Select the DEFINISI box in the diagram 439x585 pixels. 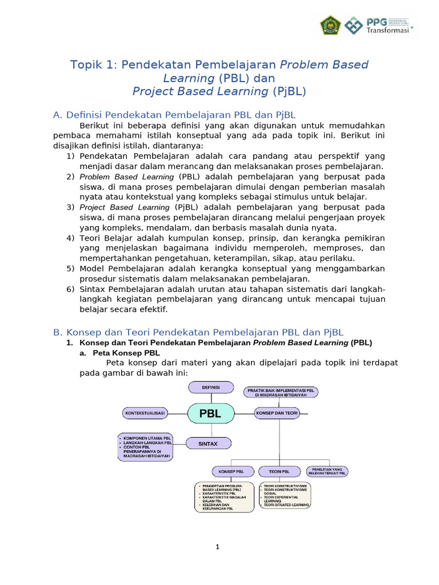(211, 387)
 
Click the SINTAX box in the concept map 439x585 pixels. (208, 443)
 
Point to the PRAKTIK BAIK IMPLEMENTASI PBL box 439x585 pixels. (281, 392)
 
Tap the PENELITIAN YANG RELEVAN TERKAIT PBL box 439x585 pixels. (327, 471)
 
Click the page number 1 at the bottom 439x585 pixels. (218, 547)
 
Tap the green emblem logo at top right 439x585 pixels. (330, 25)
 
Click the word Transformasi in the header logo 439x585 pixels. (387, 31)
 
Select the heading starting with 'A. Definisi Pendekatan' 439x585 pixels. (174, 115)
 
